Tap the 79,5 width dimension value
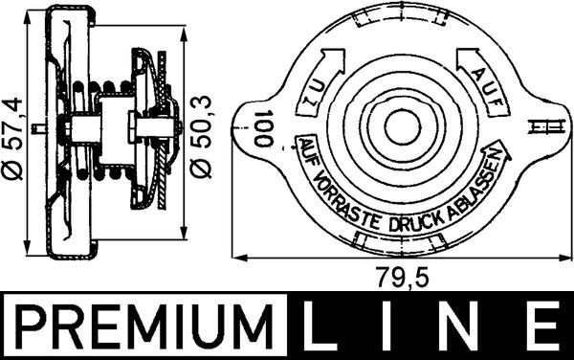pyautogui.click(x=396, y=279)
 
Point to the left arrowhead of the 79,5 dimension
pyautogui.click(x=239, y=258)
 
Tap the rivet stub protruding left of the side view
pyautogui.click(x=36, y=128)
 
